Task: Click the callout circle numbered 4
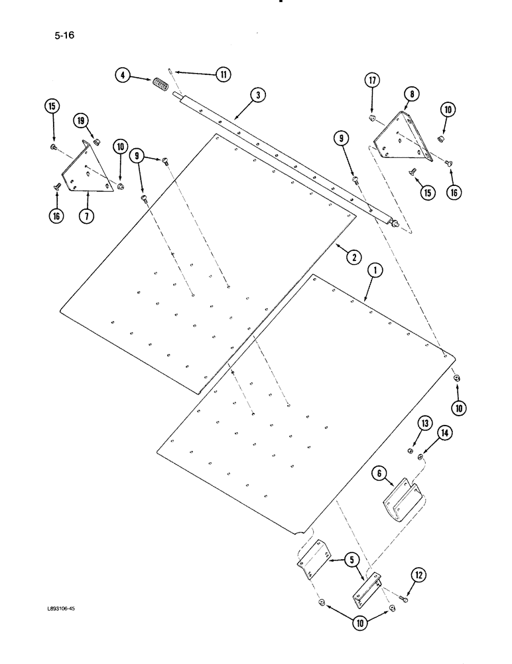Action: coord(122,75)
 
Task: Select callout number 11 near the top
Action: coord(224,75)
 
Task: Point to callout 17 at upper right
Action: coord(372,81)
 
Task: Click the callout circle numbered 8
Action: coord(412,94)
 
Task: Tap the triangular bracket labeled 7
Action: coord(82,169)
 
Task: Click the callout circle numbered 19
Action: coord(80,121)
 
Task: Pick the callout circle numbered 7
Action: coord(86,216)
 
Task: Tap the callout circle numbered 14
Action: coord(444,433)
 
